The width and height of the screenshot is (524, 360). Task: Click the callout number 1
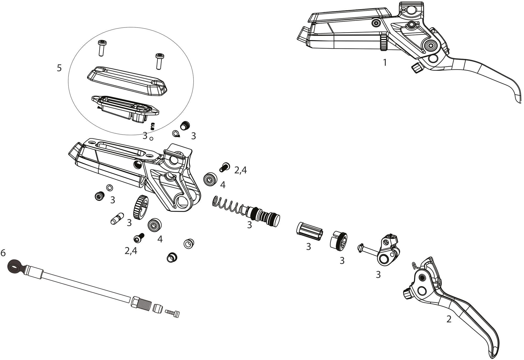click(385, 63)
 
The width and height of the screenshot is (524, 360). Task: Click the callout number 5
click(59, 68)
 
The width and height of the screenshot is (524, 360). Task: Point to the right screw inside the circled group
click(159, 61)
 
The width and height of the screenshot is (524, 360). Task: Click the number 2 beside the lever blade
click(449, 319)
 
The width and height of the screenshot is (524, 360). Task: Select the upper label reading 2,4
click(240, 170)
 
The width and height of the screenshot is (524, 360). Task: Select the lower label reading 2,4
click(131, 251)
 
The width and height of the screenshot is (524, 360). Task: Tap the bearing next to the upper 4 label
click(210, 180)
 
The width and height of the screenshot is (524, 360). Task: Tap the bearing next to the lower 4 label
click(155, 225)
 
